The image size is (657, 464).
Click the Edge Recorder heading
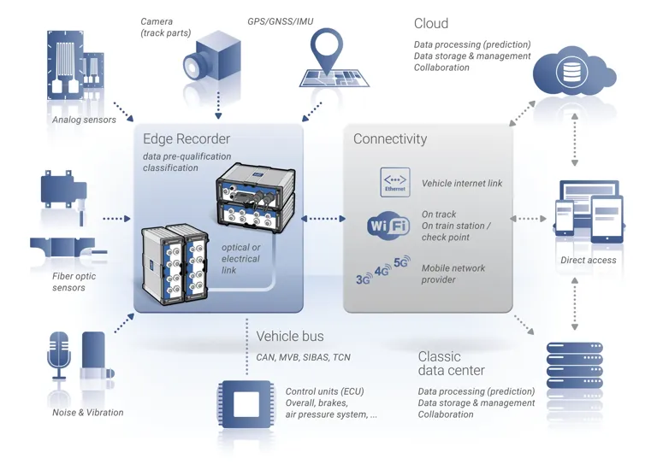[x=186, y=139]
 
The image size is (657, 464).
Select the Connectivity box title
[x=390, y=139]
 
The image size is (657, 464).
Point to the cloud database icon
[x=571, y=72]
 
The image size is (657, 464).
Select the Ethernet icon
[x=395, y=183]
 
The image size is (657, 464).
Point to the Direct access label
[x=588, y=260]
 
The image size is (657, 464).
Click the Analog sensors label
[x=84, y=120]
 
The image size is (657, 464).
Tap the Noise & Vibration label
[x=87, y=413]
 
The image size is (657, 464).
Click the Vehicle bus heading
[x=290, y=337]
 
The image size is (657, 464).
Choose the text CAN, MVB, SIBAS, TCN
[x=303, y=357]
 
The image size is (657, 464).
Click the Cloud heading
[x=431, y=24]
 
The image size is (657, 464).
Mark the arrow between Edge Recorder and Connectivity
[x=323, y=219]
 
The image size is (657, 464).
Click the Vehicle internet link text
[x=462, y=184]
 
